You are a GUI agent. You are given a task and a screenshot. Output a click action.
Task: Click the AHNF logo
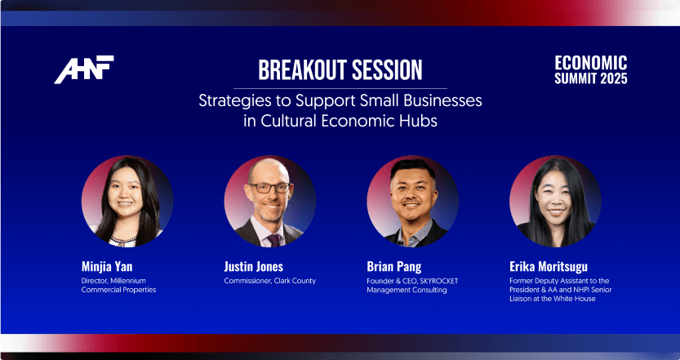click(84, 69)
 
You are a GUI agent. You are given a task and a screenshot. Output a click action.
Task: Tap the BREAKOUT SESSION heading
click(340, 70)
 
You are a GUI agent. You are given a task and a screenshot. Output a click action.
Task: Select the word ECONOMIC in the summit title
click(591, 63)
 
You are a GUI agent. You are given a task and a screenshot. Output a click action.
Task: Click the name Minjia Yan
click(107, 266)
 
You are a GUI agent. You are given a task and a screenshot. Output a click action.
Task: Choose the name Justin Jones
click(254, 266)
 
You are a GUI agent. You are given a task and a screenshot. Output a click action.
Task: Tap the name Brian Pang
click(393, 266)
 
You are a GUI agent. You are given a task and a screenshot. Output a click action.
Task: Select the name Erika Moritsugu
click(549, 266)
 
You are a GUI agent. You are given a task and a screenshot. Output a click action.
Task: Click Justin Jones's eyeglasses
click(269, 188)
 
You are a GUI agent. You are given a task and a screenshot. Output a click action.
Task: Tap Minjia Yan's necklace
click(122, 240)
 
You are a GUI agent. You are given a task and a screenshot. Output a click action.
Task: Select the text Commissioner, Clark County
click(269, 281)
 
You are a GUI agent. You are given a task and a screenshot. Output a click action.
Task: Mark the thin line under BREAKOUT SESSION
click(340, 88)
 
